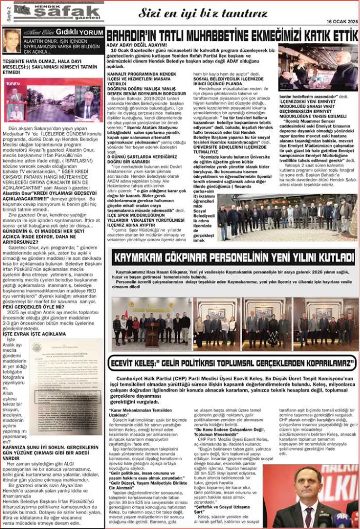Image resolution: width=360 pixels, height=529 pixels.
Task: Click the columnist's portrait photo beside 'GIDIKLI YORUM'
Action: (11, 41)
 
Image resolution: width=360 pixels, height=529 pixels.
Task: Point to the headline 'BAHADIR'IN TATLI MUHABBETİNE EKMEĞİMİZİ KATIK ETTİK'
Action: (232, 35)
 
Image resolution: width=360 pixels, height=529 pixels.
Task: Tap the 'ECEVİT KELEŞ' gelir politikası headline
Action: (232, 363)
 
